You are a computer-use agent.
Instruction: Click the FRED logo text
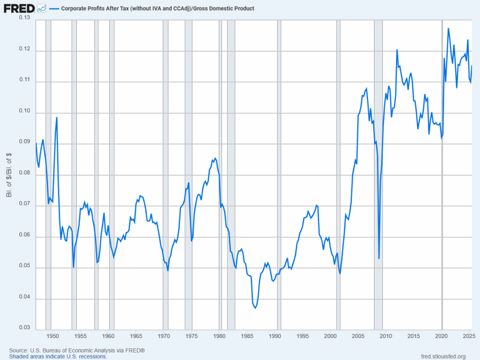point(19,8)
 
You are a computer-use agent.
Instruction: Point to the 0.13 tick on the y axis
point(24,18)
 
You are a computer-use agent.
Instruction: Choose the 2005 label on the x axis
point(358,336)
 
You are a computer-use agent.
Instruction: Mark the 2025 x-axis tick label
point(469,336)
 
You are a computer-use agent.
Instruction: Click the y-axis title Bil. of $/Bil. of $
point(9,174)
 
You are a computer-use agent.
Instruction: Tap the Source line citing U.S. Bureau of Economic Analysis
point(77,351)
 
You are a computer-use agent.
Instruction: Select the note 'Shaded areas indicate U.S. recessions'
point(58,357)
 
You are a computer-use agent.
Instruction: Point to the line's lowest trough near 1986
point(255,308)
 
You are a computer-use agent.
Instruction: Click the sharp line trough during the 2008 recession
point(379,258)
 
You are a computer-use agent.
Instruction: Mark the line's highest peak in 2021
point(448,29)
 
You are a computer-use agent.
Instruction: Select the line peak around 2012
point(397,50)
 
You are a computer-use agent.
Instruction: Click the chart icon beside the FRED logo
point(41,8)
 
